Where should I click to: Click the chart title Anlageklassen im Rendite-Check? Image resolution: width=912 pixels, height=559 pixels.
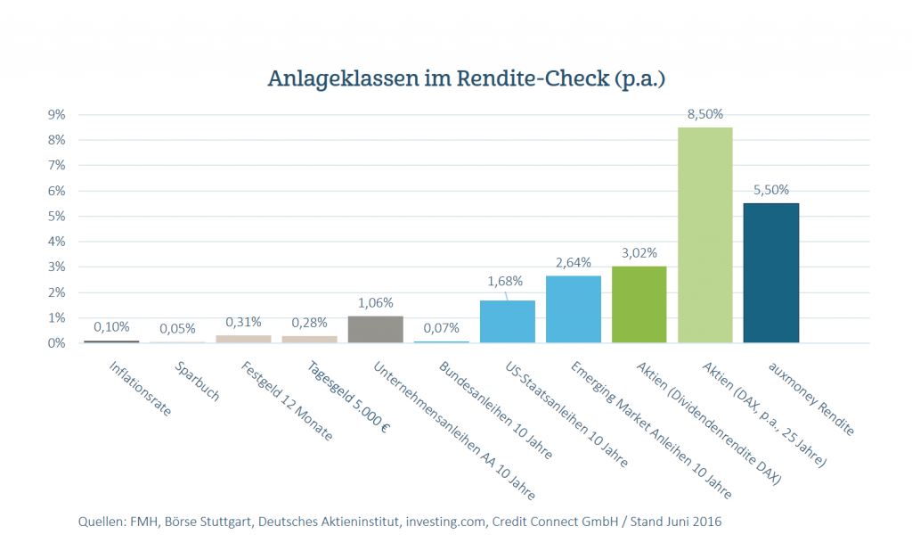click(467, 78)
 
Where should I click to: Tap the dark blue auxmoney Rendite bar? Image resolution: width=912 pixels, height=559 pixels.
click(770, 273)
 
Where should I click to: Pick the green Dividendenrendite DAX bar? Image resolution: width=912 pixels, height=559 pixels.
click(639, 304)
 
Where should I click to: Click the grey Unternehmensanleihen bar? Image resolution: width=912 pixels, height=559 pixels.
click(375, 329)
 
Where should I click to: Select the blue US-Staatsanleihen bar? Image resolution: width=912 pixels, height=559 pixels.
click(507, 321)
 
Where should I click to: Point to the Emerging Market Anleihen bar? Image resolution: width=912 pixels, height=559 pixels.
click(573, 309)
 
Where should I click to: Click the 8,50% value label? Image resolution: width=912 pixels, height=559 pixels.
click(704, 114)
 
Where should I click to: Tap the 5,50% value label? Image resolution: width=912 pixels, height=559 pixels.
click(770, 190)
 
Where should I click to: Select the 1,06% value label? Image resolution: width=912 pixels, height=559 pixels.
click(375, 303)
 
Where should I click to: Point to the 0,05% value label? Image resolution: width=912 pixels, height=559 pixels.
click(177, 329)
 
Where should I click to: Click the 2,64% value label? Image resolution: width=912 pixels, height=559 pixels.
click(573, 263)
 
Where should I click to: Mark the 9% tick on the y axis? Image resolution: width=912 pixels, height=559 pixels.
click(56, 115)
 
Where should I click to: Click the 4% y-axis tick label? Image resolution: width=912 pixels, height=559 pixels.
click(56, 242)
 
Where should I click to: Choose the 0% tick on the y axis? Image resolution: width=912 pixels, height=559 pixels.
click(56, 343)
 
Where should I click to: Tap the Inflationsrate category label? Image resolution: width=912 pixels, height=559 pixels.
click(140, 390)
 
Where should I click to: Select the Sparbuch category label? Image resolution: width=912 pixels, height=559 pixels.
click(198, 382)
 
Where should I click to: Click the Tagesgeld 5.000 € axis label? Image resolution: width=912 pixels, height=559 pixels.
click(348, 398)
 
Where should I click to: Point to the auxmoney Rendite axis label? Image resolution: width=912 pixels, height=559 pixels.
click(810, 399)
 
